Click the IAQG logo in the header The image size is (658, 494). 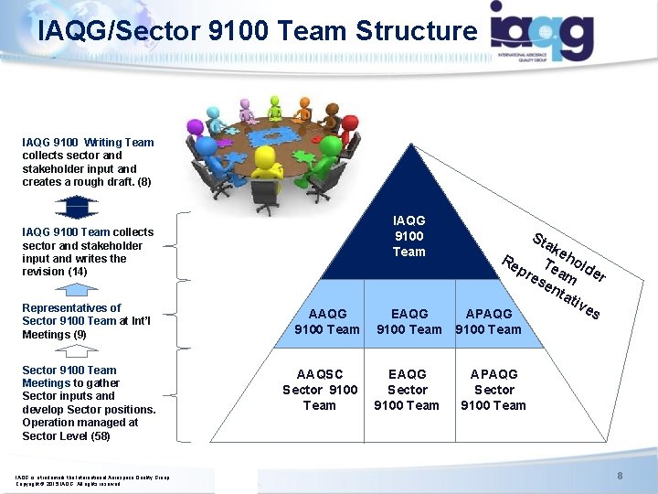tap(542, 31)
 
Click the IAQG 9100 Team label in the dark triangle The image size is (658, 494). tap(409, 236)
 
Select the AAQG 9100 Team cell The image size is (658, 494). tap(326, 321)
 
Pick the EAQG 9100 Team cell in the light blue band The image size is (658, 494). tap(409, 321)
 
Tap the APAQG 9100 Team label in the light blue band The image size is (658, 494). tap(488, 321)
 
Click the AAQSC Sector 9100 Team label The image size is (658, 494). tap(319, 389)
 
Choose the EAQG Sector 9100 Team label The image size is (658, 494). tap(407, 389)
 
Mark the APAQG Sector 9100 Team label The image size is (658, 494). tap(493, 389)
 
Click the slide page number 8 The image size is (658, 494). tap(619, 476)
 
